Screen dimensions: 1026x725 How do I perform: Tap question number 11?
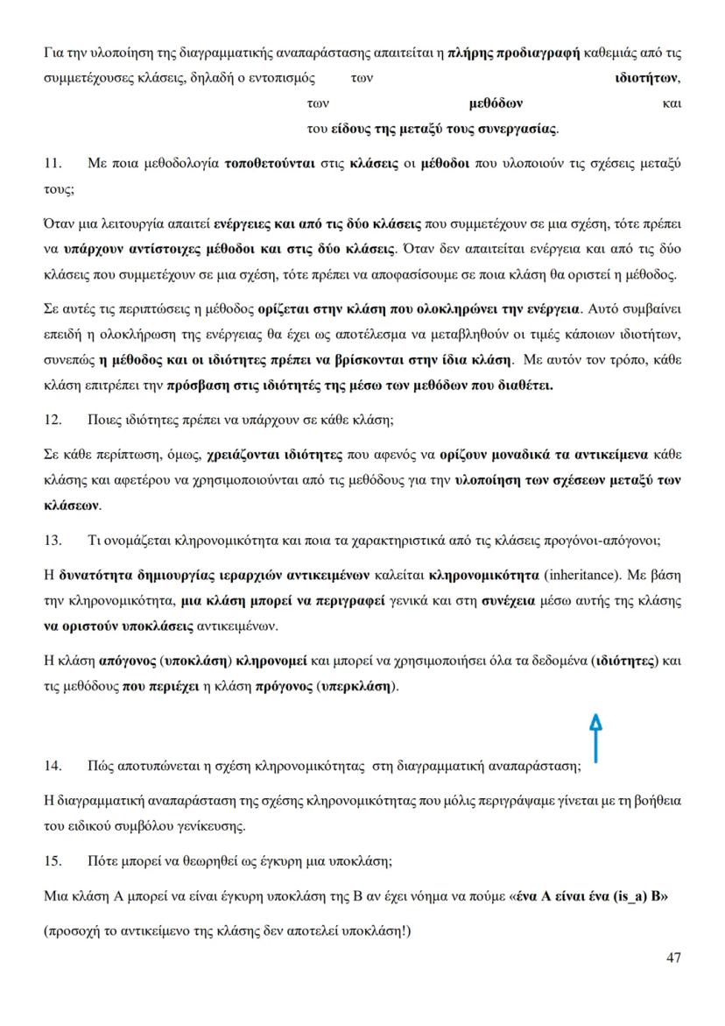(x=53, y=164)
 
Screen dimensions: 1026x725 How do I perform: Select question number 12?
(x=53, y=419)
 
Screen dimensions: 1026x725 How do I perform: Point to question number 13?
(x=53, y=540)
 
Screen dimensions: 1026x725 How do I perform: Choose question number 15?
(x=53, y=860)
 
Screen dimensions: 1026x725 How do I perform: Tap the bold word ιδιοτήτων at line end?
(x=646, y=78)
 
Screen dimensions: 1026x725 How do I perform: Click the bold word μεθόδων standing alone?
(x=496, y=103)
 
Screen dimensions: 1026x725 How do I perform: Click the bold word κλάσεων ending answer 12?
(x=71, y=506)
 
